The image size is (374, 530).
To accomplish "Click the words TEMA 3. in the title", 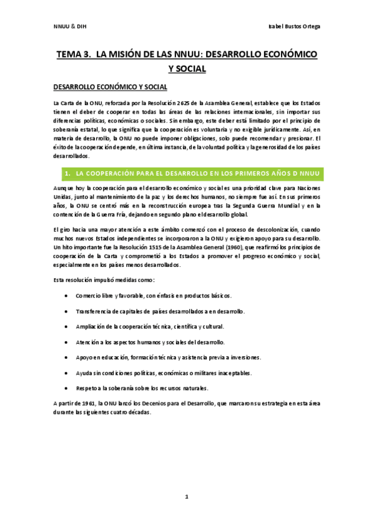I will [x=74, y=55].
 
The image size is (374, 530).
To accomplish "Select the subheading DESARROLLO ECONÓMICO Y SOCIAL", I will [x=110, y=86].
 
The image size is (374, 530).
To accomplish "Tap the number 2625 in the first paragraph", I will [x=200, y=102].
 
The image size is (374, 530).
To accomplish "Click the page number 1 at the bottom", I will [x=186, y=497].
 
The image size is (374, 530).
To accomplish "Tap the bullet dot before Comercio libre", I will [x=67, y=295].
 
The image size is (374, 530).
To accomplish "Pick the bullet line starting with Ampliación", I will [x=149, y=326].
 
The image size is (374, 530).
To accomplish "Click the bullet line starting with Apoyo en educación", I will [x=168, y=357].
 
